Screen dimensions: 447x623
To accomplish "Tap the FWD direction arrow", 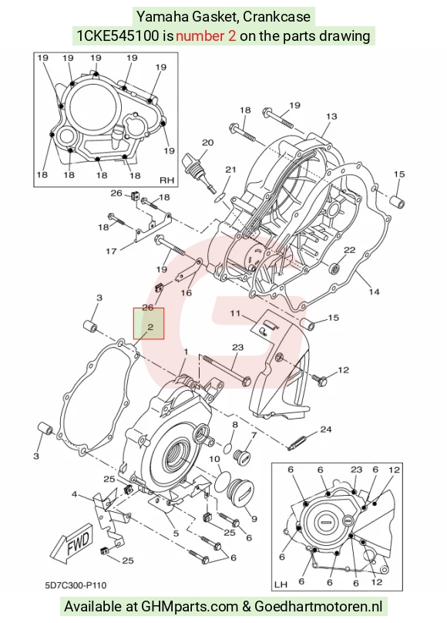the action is (x=72, y=543).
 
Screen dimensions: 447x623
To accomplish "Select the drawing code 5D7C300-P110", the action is (x=76, y=585).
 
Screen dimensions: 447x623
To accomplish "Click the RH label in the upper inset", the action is (x=166, y=180).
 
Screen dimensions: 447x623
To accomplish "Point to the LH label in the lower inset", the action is (x=281, y=584).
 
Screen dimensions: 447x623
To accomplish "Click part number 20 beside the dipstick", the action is (x=207, y=142).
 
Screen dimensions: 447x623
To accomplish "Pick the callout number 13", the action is (x=331, y=116).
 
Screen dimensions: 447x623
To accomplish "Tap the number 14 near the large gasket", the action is (x=374, y=291).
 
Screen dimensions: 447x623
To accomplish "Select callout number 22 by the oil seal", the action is (x=349, y=250).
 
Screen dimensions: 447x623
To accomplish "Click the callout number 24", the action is (x=326, y=429).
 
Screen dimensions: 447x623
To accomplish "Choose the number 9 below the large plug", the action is (x=254, y=518).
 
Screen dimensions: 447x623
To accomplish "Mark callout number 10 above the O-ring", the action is (x=214, y=459).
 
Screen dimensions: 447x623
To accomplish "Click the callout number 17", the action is (x=111, y=251).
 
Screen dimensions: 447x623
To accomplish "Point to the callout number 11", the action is (x=235, y=314).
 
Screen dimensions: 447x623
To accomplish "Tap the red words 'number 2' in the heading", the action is (x=206, y=36).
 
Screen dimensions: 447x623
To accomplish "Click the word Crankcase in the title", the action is (x=277, y=17).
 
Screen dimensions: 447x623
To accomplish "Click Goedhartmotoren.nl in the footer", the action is (x=318, y=607).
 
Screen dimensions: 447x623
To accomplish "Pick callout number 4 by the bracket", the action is (x=74, y=495).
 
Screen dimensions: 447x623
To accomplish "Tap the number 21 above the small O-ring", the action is (x=230, y=170).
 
